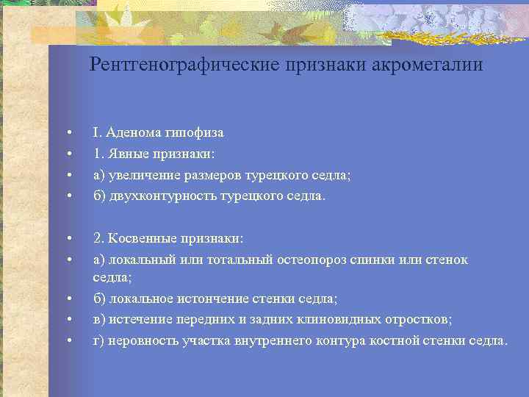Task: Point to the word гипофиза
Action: pos(192,133)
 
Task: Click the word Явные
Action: pos(126,154)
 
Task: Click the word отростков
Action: pos(419,320)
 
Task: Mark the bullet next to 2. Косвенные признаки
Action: pos(68,239)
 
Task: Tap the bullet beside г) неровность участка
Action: pos(68,341)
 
